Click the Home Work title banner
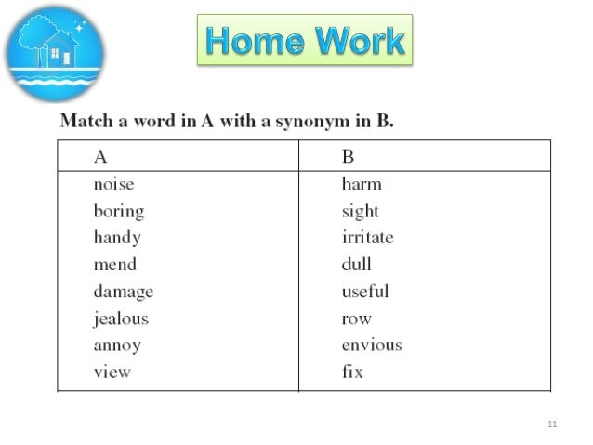(x=305, y=41)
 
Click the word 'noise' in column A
(x=112, y=184)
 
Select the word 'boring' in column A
(x=118, y=212)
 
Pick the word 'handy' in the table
(x=116, y=238)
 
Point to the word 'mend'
(x=114, y=265)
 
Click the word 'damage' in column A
(x=123, y=293)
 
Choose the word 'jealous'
(x=120, y=319)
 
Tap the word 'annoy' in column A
(x=116, y=346)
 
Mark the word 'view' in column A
(x=112, y=373)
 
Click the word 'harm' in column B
(x=362, y=184)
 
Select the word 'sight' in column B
(x=360, y=212)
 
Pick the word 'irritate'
(x=367, y=238)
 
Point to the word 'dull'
(x=356, y=265)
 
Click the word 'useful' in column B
(x=364, y=292)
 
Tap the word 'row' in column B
(x=356, y=319)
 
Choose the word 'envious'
(x=371, y=346)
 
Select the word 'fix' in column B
(x=351, y=373)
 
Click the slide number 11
(x=553, y=425)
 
